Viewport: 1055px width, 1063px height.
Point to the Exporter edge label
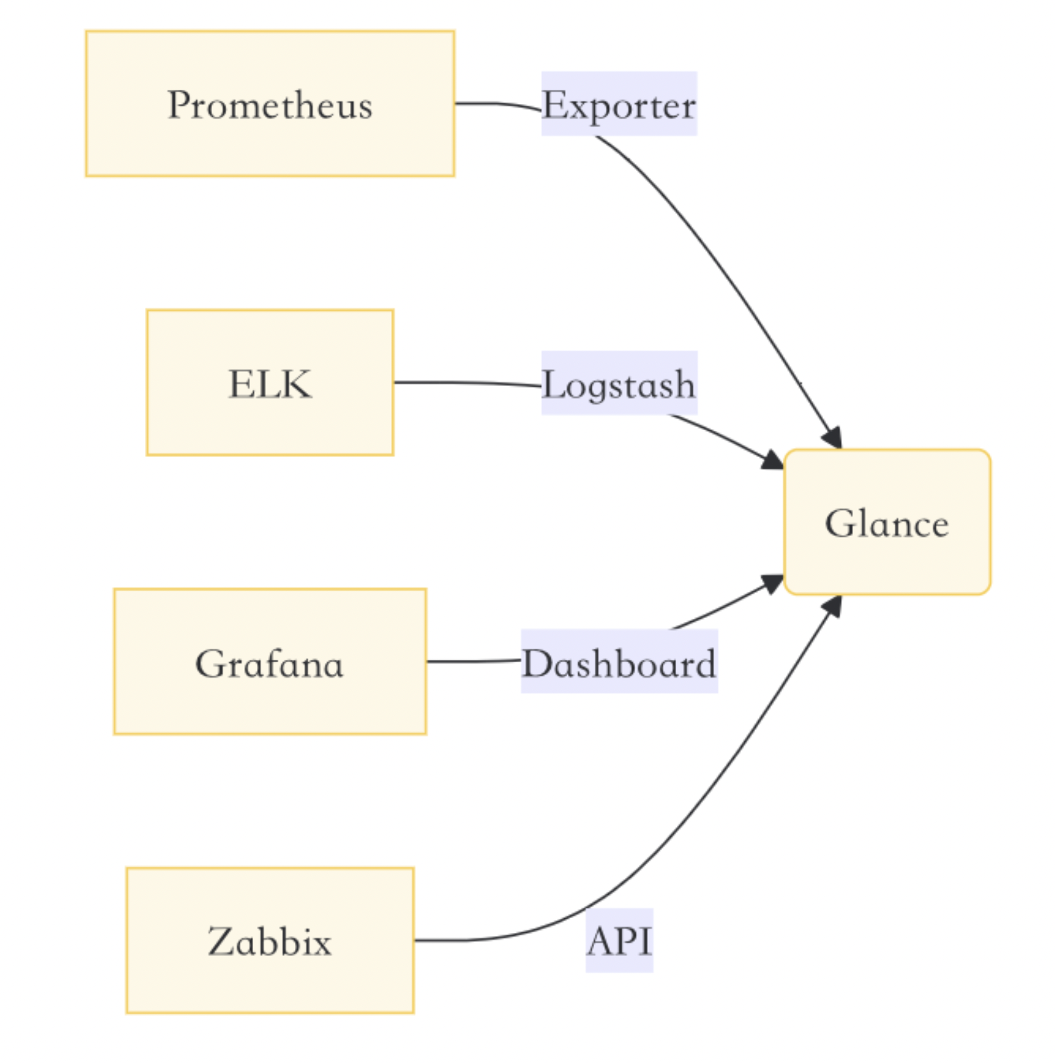pos(619,104)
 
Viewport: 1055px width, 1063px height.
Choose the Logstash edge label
pos(619,383)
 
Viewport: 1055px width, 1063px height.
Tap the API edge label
pos(619,940)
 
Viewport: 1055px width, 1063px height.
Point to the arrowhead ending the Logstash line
pos(772,460)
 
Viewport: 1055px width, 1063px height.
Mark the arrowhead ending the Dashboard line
pos(772,583)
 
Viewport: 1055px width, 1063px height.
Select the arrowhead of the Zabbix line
pos(833,605)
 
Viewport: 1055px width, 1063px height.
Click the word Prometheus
pos(269,105)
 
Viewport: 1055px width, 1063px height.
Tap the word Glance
pos(886,523)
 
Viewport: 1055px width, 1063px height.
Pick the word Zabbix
pos(269,941)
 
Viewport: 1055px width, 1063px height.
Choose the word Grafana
pos(269,663)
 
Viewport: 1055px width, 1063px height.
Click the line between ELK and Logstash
pos(468,383)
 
